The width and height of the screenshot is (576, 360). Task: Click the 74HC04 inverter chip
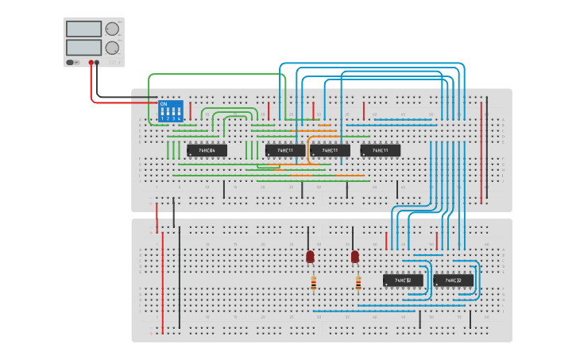[x=207, y=150]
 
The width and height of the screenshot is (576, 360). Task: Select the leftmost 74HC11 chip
[x=285, y=150]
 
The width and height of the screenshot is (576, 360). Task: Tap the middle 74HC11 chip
[x=330, y=150]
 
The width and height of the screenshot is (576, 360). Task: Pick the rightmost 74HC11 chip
[x=381, y=150]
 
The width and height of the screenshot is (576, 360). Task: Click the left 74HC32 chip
[x=403, y=280]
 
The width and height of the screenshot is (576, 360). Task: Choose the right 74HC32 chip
[x=454, y=280]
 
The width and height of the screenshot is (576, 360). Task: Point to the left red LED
[x=310, y=257]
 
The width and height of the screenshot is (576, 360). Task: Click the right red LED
[x=354, y=257]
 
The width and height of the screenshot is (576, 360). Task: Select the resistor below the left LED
[x=313, y=282]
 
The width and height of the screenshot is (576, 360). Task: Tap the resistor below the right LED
[x=358, y=282]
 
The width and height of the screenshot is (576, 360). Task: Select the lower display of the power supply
[x=84, y=48]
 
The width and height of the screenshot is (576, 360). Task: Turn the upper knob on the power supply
[x=112, y=29]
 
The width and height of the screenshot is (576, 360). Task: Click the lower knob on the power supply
[x=112, y=48]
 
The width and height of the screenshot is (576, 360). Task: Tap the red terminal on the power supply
[x=92, y=62]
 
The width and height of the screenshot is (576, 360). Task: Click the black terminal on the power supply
[x=100, y=62]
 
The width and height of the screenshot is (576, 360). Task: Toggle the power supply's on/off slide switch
[x=71, y=62]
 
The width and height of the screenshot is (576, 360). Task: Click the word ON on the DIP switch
[x=164, y=104]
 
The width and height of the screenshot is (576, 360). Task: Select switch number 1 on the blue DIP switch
[x=162, y=114]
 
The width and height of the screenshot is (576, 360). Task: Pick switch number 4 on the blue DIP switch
[x=179, y=114]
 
